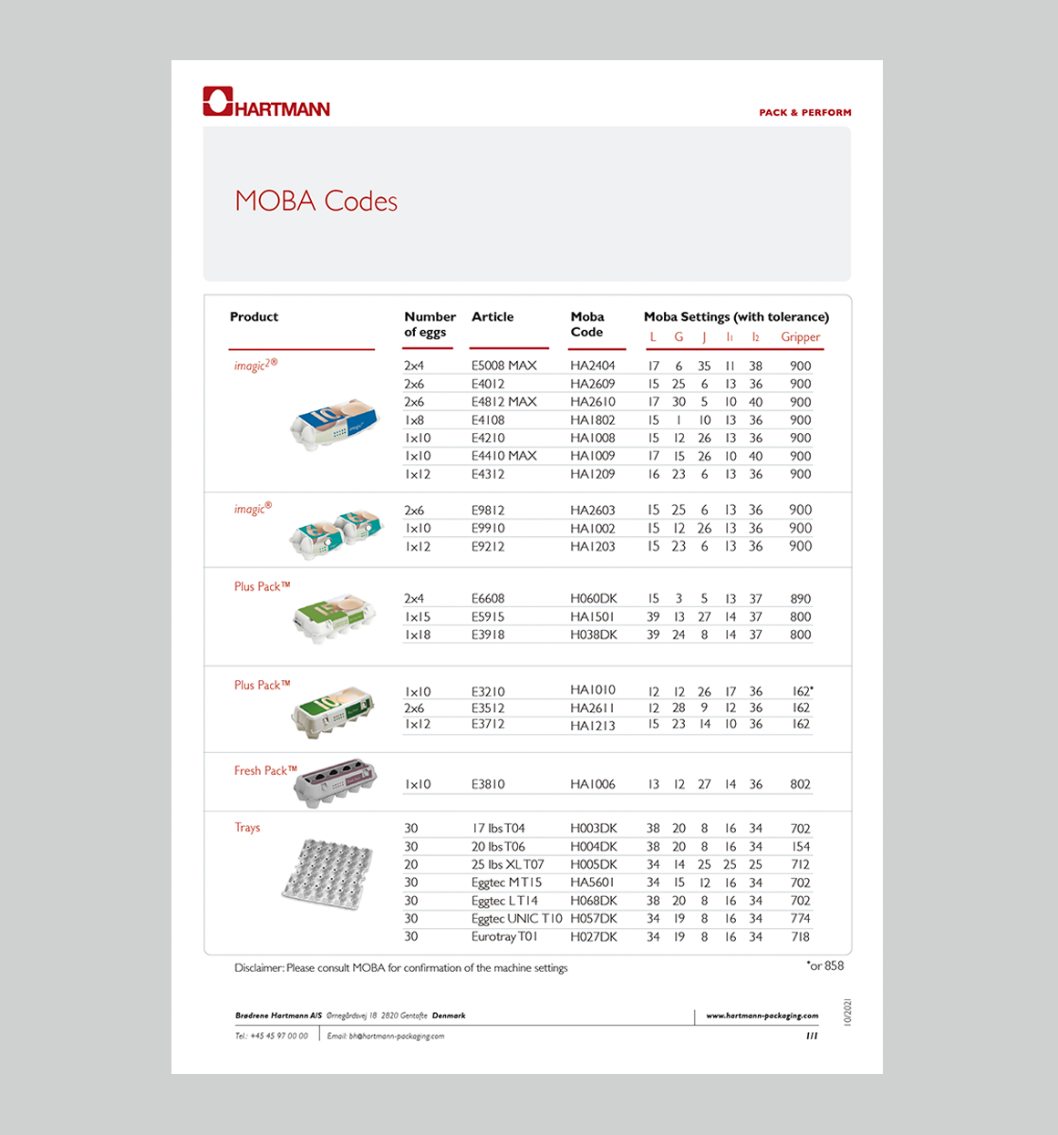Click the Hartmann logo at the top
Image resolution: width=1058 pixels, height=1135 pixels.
(x=266, y=102)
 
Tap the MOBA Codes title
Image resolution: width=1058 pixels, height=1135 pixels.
(x=316, y=201)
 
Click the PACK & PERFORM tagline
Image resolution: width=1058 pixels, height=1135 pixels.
(x=805, y=113)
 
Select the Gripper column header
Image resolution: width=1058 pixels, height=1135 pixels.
(x=800, y=337)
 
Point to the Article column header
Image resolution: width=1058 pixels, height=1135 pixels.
(x=493, y=317)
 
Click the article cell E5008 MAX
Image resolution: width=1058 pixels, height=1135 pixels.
(x=503, y=366)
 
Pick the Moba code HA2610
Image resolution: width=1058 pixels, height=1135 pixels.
(x=592, y=402)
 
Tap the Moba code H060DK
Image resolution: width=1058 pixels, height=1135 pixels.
(x=593, y=599)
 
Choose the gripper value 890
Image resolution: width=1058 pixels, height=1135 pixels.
(x=800, y=599)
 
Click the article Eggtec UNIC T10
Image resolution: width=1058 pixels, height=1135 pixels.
(x=516, y=919)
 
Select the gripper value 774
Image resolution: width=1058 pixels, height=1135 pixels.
(x=800, y=919)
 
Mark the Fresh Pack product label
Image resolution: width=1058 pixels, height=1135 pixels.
(x=264, y=771)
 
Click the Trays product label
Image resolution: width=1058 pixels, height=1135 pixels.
(x=247, y=828)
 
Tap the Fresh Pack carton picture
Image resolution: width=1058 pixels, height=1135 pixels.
(x=335, y=781)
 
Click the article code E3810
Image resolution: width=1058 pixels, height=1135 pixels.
(x=488, y=784)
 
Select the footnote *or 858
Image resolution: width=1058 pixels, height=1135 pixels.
(x=825, y=966)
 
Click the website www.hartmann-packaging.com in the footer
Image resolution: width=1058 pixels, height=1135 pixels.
(x=762, y=1016)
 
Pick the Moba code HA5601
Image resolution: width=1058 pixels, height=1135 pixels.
(x=592, y=882)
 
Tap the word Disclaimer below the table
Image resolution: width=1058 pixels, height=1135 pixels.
(x=258, y=968)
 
